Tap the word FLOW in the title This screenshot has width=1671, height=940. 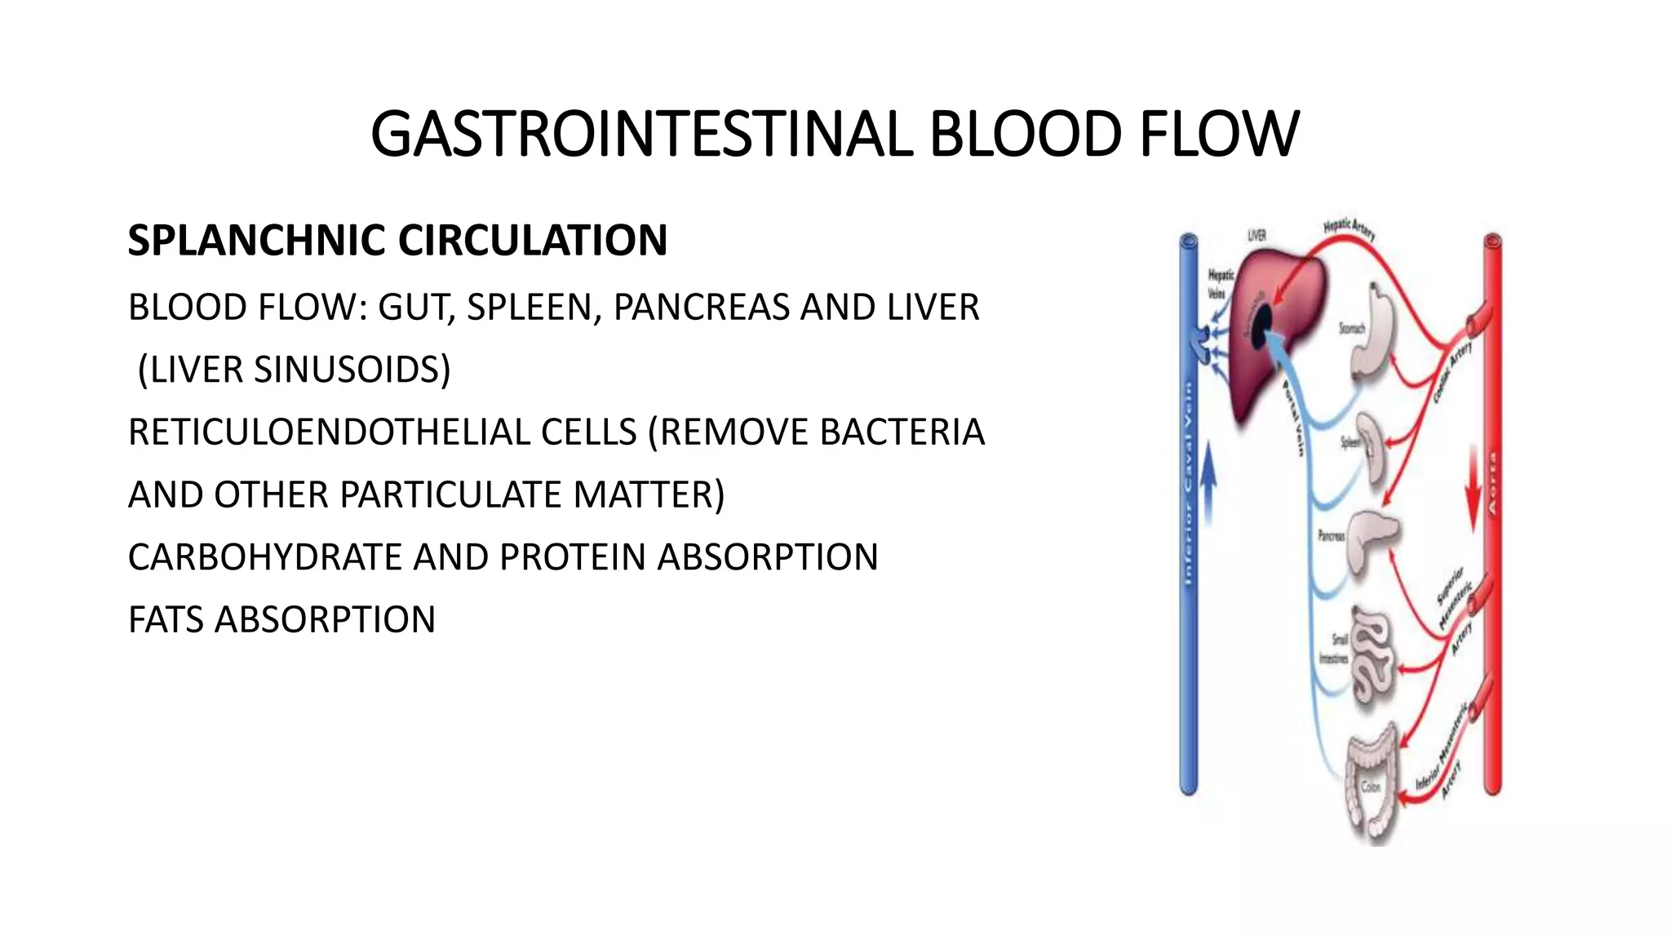point(1218,135)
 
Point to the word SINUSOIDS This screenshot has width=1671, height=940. point(352,370)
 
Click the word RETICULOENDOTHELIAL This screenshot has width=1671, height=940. point(382,432)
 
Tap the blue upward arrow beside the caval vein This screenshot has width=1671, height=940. point(1209,490)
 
